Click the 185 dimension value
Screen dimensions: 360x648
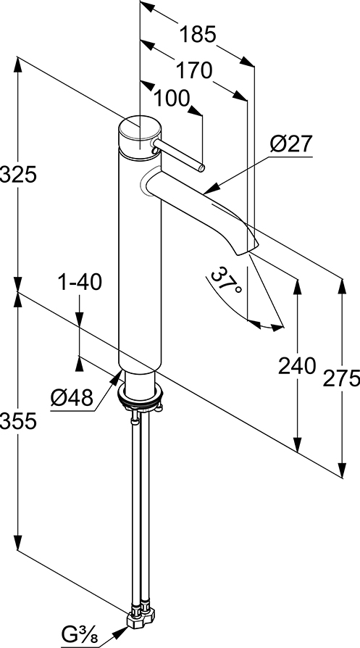coord(198,34)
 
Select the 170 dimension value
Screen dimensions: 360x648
coord(194,70)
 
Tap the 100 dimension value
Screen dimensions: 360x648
coord(172,99)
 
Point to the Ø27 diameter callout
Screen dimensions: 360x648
coord(292,145)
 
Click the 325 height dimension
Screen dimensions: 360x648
coord(19,175)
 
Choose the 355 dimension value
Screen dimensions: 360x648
coord(19,421)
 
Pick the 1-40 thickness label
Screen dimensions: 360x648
coord(80,283)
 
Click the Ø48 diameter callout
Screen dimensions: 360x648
coord(72,397)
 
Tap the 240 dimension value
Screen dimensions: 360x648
coord(297,366)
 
